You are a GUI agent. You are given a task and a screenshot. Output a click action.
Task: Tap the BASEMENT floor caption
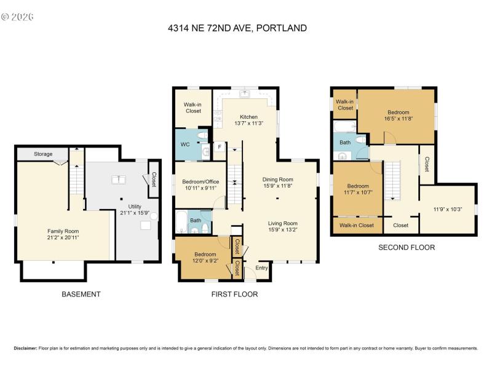coord(81,294)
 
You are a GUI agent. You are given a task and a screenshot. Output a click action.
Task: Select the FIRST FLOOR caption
coord(234,294)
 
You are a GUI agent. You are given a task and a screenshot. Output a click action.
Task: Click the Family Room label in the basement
coord(63,231)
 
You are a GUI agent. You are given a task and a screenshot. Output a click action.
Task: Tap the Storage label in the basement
coord(43,154)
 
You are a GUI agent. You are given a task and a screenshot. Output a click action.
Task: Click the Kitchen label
coord(248,117)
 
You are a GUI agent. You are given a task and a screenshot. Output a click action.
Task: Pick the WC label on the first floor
coord(185,145)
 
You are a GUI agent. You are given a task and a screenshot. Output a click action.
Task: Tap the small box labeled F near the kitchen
coord(218,147)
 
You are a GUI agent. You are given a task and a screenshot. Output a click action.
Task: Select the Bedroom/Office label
coord(200,181)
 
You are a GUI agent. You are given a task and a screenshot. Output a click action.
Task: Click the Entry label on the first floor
coord(262,267)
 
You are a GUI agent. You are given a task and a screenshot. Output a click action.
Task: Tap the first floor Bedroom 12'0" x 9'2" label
coord(205,254)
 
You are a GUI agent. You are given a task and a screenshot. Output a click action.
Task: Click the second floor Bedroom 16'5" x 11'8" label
coord(398,113)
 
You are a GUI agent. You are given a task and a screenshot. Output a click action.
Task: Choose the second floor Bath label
coord(345,142)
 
